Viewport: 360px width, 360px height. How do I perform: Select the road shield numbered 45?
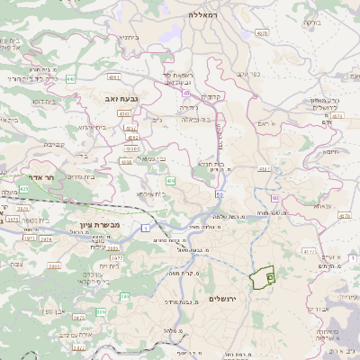(x=185, y=92)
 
